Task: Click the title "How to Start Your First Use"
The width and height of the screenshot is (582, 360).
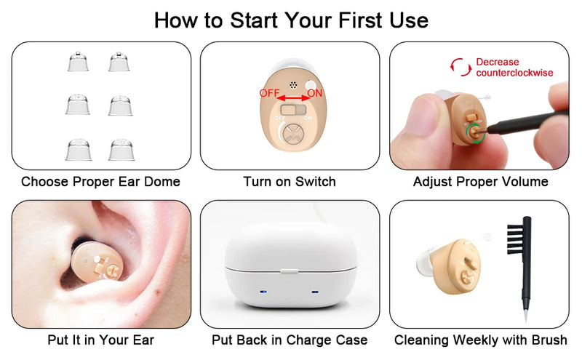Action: point(291,20)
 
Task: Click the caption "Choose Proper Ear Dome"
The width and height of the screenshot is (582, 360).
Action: point(100,182)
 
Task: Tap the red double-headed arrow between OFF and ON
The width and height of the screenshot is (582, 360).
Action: point(292,97)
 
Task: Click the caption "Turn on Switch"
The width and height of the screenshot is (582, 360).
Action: point(290,182)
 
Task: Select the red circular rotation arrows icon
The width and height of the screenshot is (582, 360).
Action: point(459,67)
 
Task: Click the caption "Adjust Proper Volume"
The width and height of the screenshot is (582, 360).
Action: point(480,182)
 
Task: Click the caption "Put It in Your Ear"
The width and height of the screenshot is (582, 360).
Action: point(101,340)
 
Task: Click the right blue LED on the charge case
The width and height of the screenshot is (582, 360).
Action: point(316,292)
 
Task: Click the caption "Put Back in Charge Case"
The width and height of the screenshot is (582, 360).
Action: point(290,340)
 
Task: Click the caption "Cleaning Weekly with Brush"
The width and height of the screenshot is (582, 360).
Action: point(480,340)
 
